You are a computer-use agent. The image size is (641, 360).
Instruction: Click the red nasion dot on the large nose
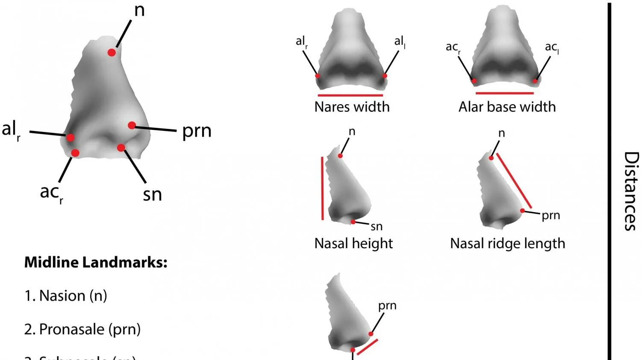pyautogui.click(x=112, y=53)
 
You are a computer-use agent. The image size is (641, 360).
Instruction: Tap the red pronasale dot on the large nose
pyautogui.click(x=132, y=125)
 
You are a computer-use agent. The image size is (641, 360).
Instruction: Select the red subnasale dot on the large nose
pyautogui.click(x=121, y=148)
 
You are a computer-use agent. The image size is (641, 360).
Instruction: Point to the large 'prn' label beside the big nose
pyautogui.click(x=197, y=131)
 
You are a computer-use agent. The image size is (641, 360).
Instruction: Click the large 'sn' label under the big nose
pyautogui.click(x=153, y=195)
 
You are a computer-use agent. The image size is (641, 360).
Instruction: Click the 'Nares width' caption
pyautogui.click(x=352, y=107)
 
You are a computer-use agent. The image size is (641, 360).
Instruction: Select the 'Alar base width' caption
pyautogui.click(x=507, y=107)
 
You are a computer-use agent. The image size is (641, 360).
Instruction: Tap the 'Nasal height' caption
pyautogui.click(x=353, y=243)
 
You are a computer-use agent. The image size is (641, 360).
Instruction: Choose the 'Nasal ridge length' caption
pyautogui.click(x=507, y=243)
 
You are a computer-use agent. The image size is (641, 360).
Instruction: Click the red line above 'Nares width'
pyautogui.click(x=350, y=95)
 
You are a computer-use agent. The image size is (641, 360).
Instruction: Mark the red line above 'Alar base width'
pyautogui.click(x=504, y=93)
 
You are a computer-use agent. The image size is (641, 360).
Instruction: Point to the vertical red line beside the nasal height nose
pyautogui.click(x=322, y=188)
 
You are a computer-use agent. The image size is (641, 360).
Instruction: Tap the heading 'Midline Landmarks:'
pyautogui.click(x=96, y=262)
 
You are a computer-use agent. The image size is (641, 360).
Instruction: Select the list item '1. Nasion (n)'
pyautogui.click(x=66, y=296)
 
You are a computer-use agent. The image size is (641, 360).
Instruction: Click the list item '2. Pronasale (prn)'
pyautogui.click(x=82, y=329)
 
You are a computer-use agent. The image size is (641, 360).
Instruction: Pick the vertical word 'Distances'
pyautogui.click(x=631, y=191)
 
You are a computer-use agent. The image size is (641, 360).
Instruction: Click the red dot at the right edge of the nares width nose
pyautogui.click(x=385, y=76)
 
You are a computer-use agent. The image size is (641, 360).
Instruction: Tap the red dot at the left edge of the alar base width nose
pyautogui.click(x=474, y=81)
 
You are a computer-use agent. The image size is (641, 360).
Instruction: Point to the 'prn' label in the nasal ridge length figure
pyautogui.click(x=550, y=216)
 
